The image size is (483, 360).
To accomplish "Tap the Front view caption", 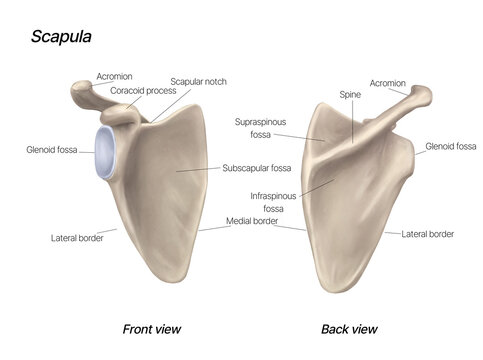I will (x=151, y=328).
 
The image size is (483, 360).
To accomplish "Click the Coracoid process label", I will (x=144, y=90).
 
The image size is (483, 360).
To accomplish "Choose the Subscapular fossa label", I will (x=257, y=168).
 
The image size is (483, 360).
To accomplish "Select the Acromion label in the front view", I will (x=115, y=76).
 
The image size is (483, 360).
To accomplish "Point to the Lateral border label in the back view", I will (x=428, y=234).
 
